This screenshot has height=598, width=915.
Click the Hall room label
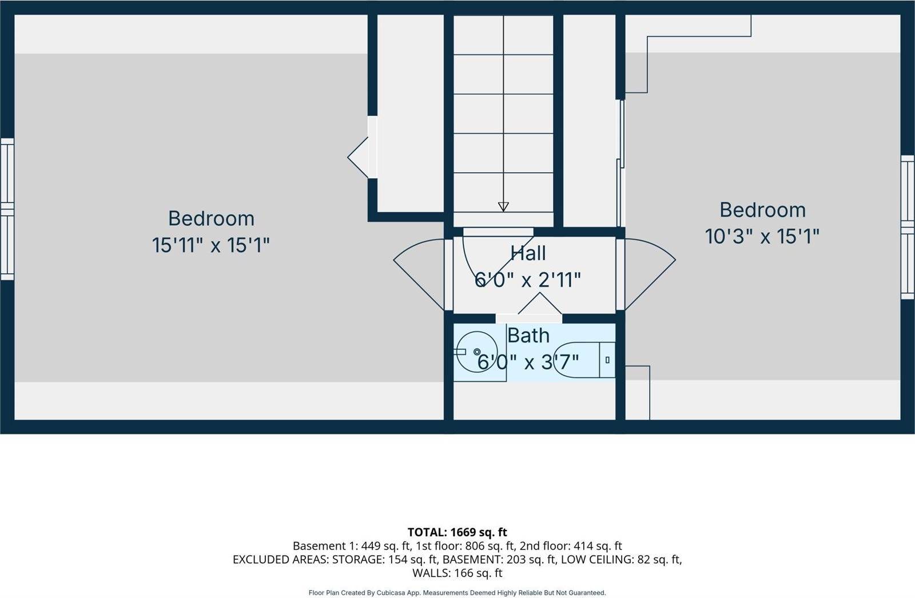tap(528, 253)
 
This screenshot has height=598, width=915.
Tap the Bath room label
tap(528, 336)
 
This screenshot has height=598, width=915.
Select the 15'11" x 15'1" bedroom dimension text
tap(211, 245)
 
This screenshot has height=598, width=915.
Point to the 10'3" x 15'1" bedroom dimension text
tap(762, 237)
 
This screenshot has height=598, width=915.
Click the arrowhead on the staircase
tap(503, 207)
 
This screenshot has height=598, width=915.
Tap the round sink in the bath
tap(477, 352)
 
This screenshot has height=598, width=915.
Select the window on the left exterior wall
tap(7, 209)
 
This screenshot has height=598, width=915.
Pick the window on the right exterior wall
tap(907, 227)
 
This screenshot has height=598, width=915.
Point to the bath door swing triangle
tap(540, 303)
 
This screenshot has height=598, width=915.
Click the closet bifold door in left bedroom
tap(358, 157)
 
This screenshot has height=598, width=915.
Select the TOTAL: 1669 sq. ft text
tap(457, 532)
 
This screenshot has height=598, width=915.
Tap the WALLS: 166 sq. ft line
tap(457, 573)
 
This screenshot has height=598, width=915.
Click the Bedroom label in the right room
tap(763, 210)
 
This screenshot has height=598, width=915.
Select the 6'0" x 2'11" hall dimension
tap(527, 280)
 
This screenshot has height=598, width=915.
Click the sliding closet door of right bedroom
tap(621, 164)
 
